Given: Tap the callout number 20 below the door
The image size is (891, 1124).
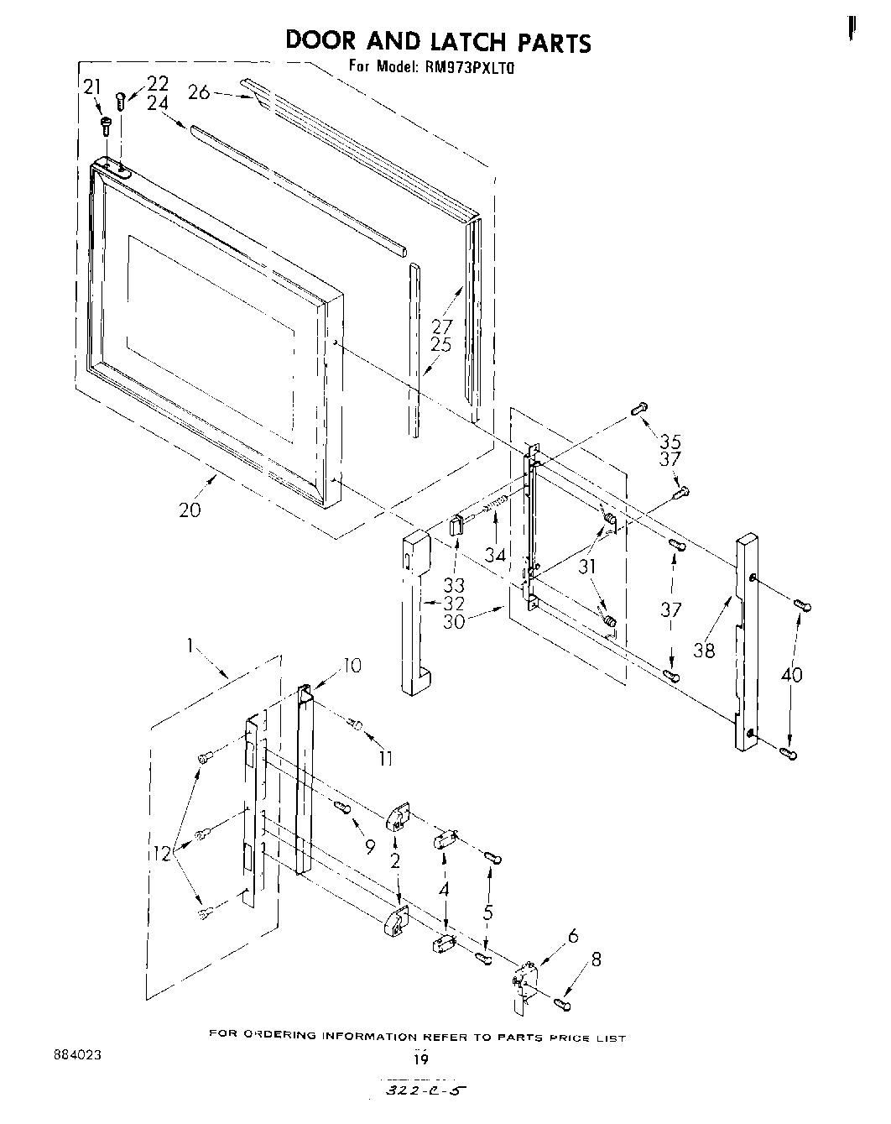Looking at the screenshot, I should click(x=190, y=509).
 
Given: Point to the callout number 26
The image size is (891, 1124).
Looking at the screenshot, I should click(x=199, y=91).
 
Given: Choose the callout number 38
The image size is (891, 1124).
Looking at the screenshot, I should click(x=704, y=649).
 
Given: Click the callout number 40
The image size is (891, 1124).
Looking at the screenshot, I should click(x=791, y=673).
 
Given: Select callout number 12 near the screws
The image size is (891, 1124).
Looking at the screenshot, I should click(x=164, y=855).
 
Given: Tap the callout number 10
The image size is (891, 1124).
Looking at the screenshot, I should click(x=352, y=666).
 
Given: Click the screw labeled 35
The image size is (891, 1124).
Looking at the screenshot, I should click(x=638, y=408).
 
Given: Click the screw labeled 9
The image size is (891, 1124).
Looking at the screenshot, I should click(x=341, y=807).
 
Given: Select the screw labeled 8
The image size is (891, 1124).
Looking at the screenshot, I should click(x=562, y=1001).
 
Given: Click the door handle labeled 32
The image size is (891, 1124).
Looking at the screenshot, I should click(x=414, y=613).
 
